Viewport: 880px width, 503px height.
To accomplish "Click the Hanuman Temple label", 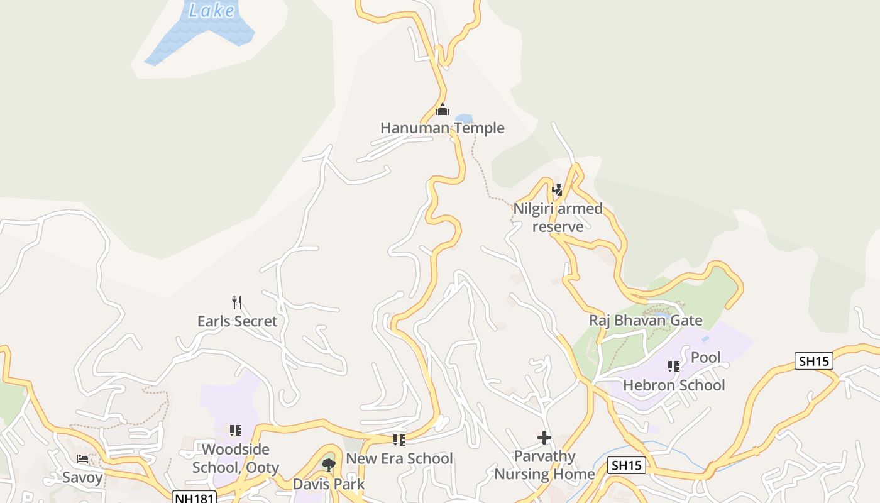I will [442, 128].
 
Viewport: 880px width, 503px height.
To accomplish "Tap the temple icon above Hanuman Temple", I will [443, 110].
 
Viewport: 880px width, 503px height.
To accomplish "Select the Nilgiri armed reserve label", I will [558, 217].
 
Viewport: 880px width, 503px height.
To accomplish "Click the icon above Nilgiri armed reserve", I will [557, 189].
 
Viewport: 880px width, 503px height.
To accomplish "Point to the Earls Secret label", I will [237, 321].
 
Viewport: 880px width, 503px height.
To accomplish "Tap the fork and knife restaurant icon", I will [237, 302].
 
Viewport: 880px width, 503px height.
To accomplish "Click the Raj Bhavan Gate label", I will [646, 321].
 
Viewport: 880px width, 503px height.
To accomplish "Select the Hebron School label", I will [674, 385].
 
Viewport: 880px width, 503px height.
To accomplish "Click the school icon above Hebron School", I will [674, 366].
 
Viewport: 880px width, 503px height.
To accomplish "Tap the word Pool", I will [705, 358].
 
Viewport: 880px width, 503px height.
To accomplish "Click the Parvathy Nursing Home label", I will [544, 465].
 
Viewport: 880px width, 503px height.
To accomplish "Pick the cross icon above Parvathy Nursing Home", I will [544, 438].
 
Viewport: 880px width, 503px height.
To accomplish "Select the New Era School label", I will [399, 458].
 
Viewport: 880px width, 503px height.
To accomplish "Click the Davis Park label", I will [328, 484].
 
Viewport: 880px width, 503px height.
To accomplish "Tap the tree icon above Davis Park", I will [328, 465].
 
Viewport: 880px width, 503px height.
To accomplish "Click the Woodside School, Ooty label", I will [236, 458].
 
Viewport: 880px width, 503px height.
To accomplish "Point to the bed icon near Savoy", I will [82, 459].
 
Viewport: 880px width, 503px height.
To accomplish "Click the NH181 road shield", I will [194, 497].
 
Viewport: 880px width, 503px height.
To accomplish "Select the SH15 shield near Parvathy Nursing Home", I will [627, 465].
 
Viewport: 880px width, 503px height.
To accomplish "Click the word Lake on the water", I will [212, 11].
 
